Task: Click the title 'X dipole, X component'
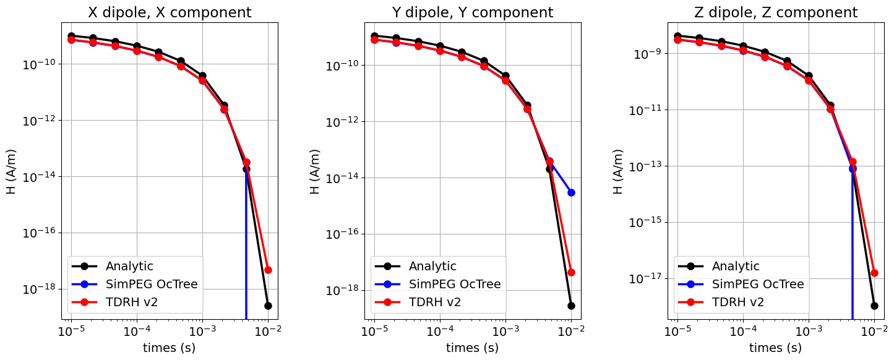coord(170,12)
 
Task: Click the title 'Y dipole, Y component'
coord(473,12)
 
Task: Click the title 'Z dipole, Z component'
coord(776,12)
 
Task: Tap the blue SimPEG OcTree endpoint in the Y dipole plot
coord(571,192)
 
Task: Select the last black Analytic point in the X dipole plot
coord(268,306)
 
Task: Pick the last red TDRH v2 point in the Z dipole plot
coord(874,273)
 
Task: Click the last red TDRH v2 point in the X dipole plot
coord(268,270)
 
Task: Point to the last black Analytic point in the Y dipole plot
coord(571,306)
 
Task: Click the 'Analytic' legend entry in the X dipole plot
coord(129,267)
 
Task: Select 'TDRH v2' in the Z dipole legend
coord(737,302)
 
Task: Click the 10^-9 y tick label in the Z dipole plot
coord(649,54)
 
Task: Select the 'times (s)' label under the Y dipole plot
coord(472,348)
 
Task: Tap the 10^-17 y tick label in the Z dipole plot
coord(647,279)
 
